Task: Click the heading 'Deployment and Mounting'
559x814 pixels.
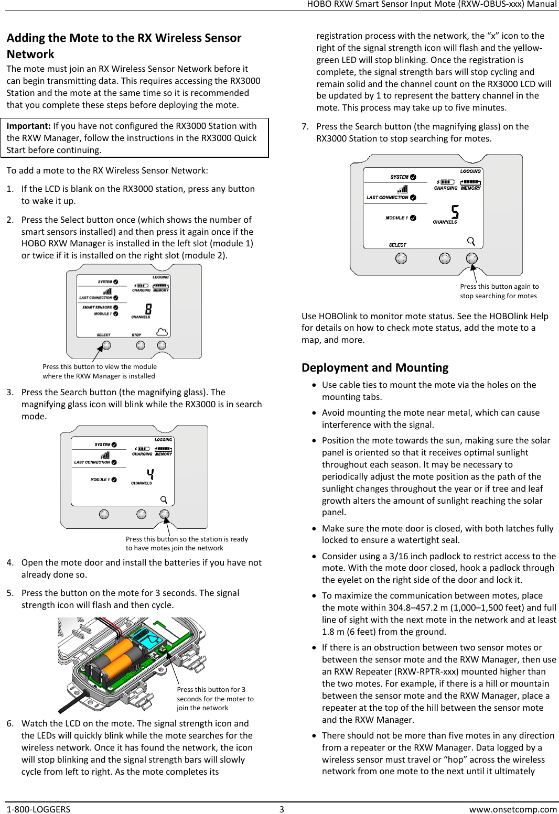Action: point(375,367)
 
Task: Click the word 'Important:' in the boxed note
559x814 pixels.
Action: point(28,126)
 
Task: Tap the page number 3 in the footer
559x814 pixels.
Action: point(282,809)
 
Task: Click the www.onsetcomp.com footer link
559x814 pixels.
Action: point(512,809)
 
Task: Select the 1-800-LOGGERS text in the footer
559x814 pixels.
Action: point(38,809)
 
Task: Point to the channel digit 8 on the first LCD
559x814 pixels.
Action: point(148,309)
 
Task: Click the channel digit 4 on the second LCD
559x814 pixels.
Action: point(150,475)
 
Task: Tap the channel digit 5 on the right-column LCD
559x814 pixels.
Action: point(455,212)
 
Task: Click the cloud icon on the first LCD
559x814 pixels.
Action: point(162,332)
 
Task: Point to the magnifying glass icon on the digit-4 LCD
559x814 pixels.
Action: point(164,500)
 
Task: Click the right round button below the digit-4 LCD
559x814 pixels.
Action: point(164,514)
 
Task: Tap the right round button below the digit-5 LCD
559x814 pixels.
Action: point(472,258)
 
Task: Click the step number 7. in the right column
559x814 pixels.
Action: point(305,126)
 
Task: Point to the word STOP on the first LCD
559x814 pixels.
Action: point(136,334)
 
